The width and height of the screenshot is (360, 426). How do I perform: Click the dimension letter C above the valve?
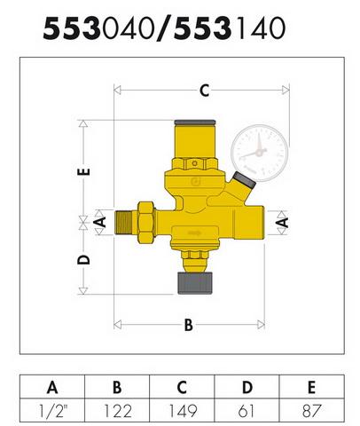[205, 91]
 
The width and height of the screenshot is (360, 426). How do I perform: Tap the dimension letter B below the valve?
[189, 325]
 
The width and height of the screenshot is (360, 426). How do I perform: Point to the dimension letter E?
[83, 171]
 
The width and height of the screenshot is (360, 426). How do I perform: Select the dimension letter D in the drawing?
[83, 259]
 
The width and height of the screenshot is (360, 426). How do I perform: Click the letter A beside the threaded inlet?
[101, 222]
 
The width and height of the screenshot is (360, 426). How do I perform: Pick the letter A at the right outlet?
[283, 223]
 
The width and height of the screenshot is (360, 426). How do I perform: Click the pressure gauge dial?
[260, 153]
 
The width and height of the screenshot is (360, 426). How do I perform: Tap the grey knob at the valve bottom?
[195, 283]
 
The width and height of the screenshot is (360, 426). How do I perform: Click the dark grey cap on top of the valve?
[195, 122]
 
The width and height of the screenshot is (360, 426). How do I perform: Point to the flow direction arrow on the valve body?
[195, 233]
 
